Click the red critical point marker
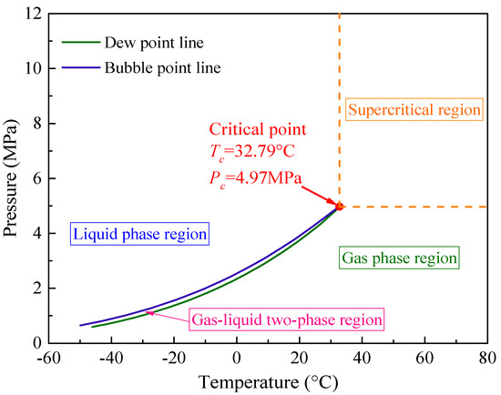[x=340, y=207]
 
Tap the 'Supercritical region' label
[x=413, y=110]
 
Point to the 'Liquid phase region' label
[x=139, y=234]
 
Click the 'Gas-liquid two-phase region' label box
[x=286, y=320]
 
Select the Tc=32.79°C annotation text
[x=262, y=151]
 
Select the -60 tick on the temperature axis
[x=48, y=357]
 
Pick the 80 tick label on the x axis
[x=486, y=357]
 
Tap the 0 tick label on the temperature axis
[x=237, y=357]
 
